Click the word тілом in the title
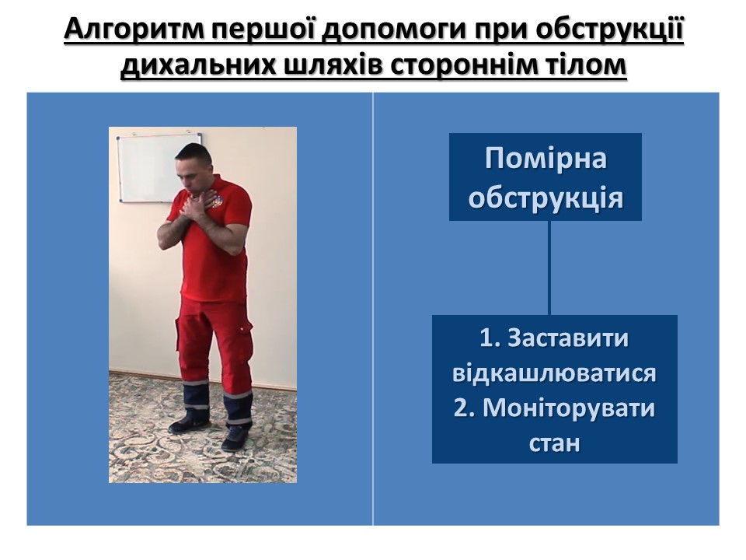pyautogui.click(x=585, y=65)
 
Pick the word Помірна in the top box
pyautogui.click(x=546, y=158)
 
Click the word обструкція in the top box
pyautogui.click(x=546, y=197)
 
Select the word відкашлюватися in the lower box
pyautogui.click(x=554, y=373)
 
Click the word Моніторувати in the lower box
pyautogui.click(x=569, y=408)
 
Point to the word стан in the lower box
pyautogui.click(x=555, y=443)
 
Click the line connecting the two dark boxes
pyautogui.click(x=550, y=268)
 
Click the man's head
pyautogui.click(x=193, y=166)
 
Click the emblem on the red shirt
pyautogui.click(x=218, y=203)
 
